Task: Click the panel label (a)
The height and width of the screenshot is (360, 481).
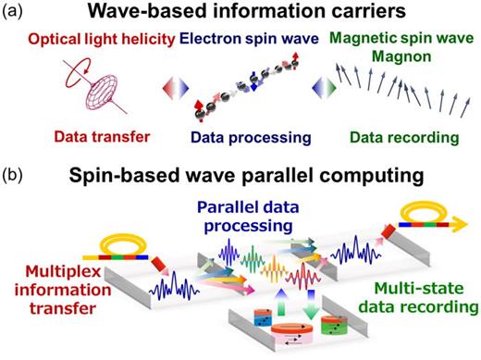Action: coord(16,12)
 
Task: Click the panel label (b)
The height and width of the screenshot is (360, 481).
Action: coord(16,173)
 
